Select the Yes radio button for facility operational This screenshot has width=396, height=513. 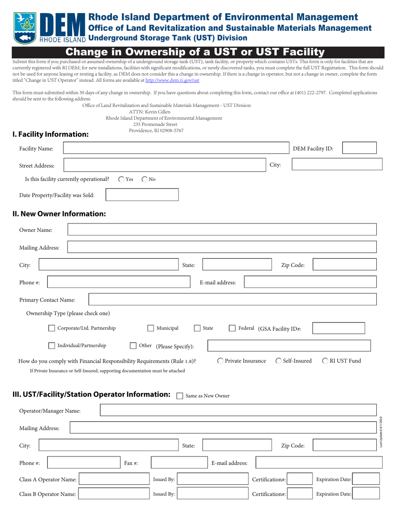tap(121, 179)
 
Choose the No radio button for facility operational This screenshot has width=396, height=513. tap(145, 179)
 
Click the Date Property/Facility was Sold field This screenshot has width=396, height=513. tap(142, 195)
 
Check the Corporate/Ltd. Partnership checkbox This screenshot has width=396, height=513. tap(52, 328)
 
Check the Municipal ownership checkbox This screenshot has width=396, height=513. tap(151, 328)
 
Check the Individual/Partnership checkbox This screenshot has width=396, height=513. tap(52, 346)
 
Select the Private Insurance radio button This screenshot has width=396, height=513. tap(221, 361)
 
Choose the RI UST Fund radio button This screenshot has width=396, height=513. tap(325, 361)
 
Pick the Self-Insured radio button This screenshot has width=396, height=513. tap(278, 361)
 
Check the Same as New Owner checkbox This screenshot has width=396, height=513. tap(180, 396)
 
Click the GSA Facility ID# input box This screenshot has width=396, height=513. tap(338, 329)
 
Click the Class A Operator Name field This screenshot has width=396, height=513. tap(114, 480)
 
